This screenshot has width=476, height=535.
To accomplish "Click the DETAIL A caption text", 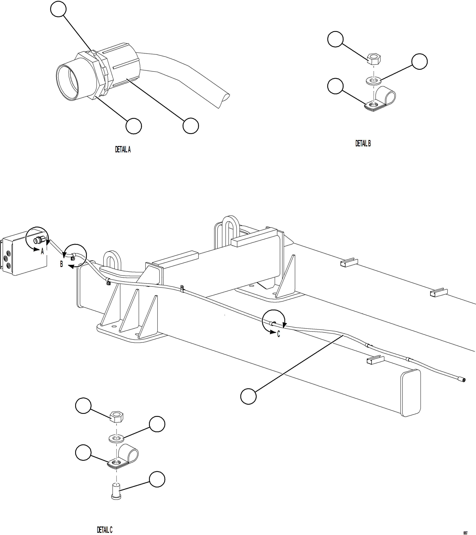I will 123,150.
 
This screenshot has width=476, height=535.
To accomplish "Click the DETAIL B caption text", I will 363,143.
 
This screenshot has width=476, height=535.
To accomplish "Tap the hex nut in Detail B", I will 374,59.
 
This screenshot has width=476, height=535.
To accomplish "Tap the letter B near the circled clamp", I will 61,264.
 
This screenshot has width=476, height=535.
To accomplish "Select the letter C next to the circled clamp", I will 278,334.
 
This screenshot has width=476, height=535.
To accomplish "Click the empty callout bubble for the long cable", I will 248,396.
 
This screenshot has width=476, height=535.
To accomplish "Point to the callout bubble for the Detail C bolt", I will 157,479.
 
